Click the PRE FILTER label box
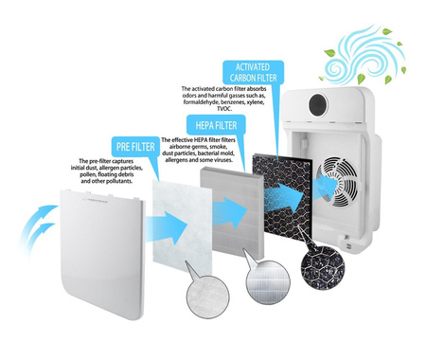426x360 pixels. pos(135,147)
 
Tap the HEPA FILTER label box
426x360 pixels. pos(216,125)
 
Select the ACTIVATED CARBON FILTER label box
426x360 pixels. pos(253,72)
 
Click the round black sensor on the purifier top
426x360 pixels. pos(318,105)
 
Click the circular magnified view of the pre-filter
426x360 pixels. pos(208,297)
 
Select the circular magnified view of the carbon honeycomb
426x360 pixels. pos(323,268)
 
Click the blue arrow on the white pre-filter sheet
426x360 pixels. pos(167,227)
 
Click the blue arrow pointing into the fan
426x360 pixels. pos(327,184)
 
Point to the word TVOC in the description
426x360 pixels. pos(224,109)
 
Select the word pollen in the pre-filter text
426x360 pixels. pos(88,174)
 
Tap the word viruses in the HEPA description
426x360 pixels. pos(223,160)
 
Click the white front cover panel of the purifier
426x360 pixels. pos(102,254)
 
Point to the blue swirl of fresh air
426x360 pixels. pos(363,54)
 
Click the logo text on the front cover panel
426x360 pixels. pos(96,200)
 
